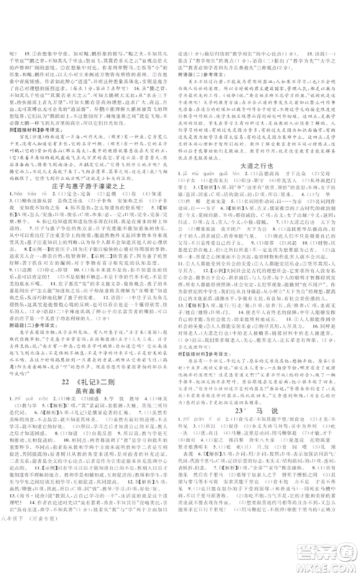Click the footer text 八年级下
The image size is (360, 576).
[x=14, y=568]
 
